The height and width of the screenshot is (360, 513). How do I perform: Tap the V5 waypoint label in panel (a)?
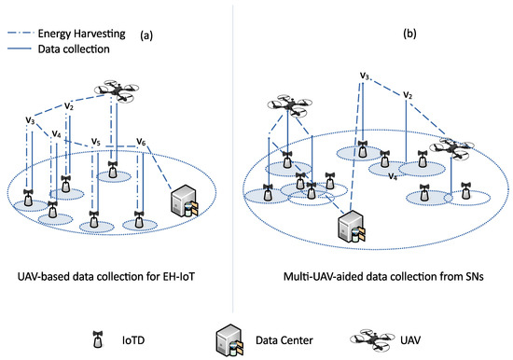pyautogui.click(x=96, y=143)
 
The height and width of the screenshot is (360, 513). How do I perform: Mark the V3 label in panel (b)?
pyautogui.click(x=365, y=76)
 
